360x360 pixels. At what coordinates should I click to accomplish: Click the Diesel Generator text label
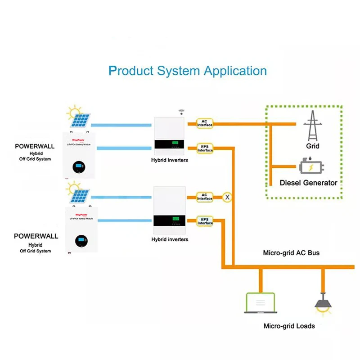[308, 183]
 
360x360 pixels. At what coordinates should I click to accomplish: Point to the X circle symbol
[227, 197]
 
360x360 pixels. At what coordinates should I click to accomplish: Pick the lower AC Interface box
[205, 197]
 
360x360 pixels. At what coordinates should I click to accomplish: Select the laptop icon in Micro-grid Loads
[260, 303]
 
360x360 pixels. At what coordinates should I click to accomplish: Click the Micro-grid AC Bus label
[291, 253]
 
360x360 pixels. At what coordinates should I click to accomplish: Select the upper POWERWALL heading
[35, 146]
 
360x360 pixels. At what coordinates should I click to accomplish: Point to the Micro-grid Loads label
[289, 326]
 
